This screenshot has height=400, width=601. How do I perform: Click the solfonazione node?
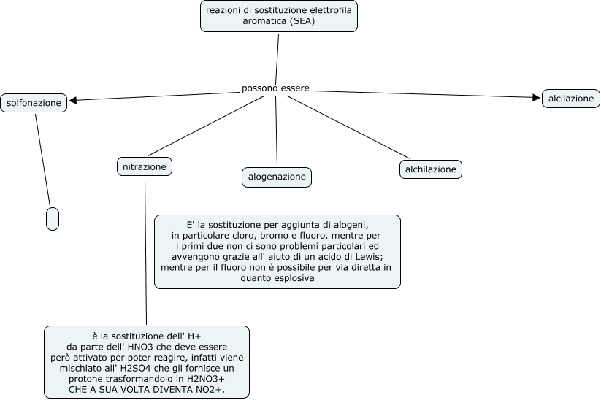tap(34, 103)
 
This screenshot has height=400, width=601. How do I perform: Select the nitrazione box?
tap(145, 167)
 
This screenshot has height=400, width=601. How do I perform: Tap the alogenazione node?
tap(277, 177)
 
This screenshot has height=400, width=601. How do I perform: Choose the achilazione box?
tap(431, 169)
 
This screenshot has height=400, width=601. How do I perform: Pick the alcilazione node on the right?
tap(570, 99)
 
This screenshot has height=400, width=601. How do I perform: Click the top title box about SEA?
tap(278, 16)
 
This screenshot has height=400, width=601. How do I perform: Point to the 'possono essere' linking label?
tap(275, 88)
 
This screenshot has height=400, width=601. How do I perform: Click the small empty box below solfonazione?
tap(52, 218)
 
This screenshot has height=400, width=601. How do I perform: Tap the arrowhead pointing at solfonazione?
tap(73, 100)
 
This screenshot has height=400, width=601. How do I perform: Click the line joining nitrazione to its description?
tap(145, 248)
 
